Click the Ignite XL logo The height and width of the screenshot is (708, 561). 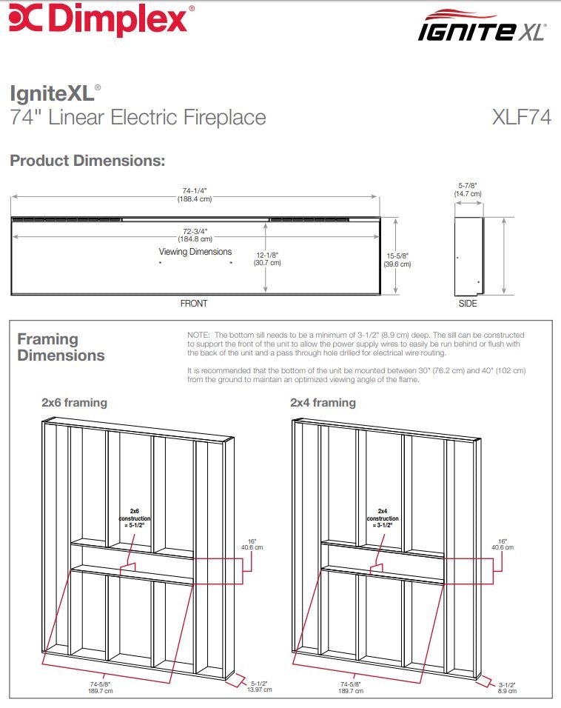(482, 27)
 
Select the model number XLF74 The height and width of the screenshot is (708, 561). (521, 117)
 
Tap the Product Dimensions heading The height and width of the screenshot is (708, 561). (87, 161)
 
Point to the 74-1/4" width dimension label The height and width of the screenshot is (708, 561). (195, 194)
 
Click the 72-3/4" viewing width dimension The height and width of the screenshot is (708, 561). (195, 234)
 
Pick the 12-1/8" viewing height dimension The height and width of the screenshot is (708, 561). (268, 258)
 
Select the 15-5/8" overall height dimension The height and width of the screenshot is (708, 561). (398, 259)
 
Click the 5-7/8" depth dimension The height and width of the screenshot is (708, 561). (468, 190)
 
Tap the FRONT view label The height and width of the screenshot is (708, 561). (194, 304)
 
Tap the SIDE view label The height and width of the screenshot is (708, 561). (468, 304)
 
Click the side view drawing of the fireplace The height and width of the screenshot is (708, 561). (468, 256)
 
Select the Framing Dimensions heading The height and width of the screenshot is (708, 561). (61, 347)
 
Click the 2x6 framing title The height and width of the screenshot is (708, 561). (74, 403)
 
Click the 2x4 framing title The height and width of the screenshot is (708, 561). (323, 403)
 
